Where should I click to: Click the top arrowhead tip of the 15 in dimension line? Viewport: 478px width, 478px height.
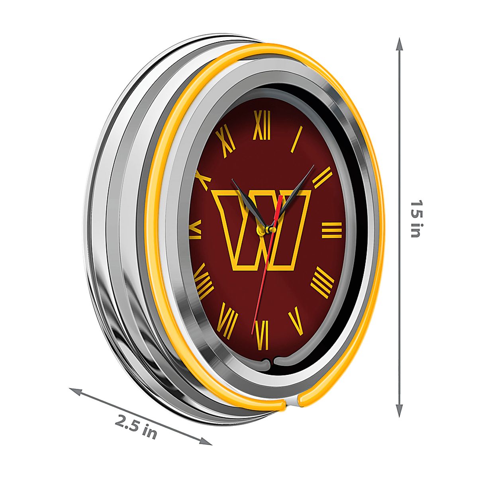click(x=399, y=38)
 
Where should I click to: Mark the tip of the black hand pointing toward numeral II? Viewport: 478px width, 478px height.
click(x=314, y=165)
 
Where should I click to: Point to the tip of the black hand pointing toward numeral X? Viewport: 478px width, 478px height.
click(x=232, y=179)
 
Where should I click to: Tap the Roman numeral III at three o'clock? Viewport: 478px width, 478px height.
click(x=332, y=230)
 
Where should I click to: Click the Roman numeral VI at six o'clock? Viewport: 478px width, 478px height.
click(x=262, y=335)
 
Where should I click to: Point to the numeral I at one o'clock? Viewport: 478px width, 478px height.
click(x=297, y=139)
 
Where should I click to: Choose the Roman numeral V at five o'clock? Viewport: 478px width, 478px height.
click(x=296, y=321)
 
